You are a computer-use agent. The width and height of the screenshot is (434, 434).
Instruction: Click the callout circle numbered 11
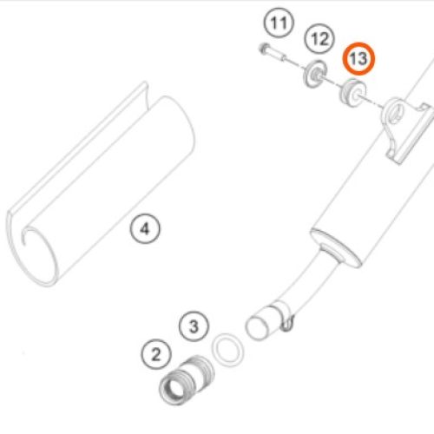pos(279,23)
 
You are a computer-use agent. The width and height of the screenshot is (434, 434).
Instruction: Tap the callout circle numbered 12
pos(319,39)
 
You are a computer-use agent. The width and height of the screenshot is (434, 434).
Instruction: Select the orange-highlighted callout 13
pos(358,59)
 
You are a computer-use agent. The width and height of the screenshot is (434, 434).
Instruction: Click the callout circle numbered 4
pos(145,228)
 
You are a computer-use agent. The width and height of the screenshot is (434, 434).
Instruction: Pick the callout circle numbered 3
pos(194,326)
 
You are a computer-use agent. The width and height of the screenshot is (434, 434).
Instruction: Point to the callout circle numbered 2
pos(156,354)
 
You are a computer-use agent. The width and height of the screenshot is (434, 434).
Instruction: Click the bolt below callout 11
pos(273,53)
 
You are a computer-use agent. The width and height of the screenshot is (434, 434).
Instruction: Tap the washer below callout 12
pos(314,74)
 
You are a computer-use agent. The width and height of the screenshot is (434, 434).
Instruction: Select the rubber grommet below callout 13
pos(352,92)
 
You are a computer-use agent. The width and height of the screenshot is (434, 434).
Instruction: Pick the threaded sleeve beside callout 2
pos(187,379)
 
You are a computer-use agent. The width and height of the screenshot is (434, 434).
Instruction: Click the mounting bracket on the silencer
pos(405,130)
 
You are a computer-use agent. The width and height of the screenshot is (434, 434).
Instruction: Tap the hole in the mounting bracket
pos(395,113)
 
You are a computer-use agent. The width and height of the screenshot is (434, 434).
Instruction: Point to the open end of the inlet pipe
pos(255,328)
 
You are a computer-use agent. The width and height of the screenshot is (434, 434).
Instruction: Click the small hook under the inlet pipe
pos(287,324)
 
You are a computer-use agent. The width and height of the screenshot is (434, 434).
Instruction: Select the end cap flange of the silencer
pos(336,247)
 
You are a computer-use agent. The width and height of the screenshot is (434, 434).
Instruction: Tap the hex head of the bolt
pos(263,48)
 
